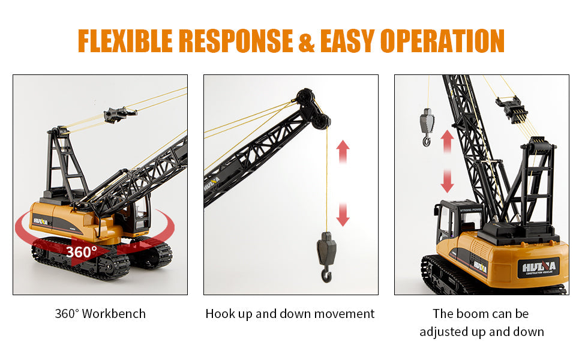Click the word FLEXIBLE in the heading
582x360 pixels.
(x=125, y=41)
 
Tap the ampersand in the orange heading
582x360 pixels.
(x=307, y=41)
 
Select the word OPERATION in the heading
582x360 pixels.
(x=442, y=41)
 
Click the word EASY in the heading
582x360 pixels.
(x=348, y=41)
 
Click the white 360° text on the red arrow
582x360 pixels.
(x=82, y=252)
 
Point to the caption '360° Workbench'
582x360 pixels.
(x=100, y=314)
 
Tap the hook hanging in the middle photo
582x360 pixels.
(x=326, y=256)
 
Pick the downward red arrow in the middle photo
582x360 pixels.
(x=343, y=215)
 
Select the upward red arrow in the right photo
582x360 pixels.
(x=448, y=142)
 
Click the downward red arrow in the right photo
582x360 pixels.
(x=447, y=181)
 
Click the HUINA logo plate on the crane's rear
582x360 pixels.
(x=539, y=268)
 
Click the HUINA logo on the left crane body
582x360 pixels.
(x=40, y=221)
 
